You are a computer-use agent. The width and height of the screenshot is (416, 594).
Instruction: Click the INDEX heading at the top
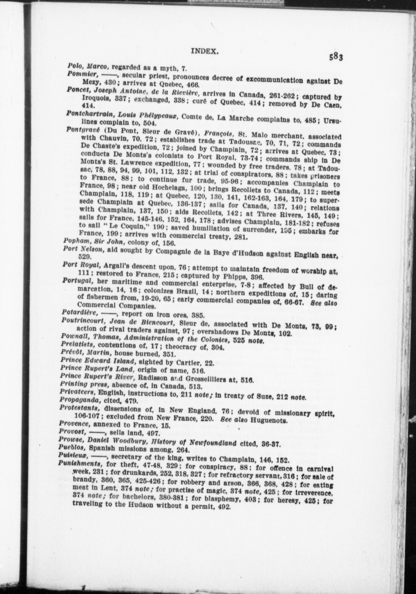[x=204, y=51]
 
